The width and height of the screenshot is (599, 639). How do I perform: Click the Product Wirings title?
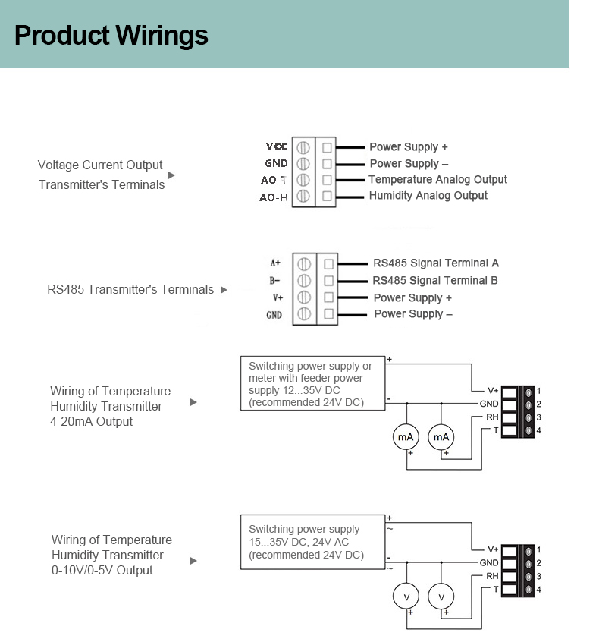pos(111,35)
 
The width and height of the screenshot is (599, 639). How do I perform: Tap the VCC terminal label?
pos(277,146)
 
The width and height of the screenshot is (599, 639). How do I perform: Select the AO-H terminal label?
pos(274,197)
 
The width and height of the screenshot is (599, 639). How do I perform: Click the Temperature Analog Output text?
pos(437,180)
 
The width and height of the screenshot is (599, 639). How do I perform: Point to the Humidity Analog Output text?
pos(428,196)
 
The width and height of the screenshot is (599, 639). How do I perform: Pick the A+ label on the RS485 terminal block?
pos(275,263)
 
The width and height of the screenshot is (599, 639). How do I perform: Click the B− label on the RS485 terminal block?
pos(274,280)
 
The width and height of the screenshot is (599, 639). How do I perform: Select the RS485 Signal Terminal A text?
pos(435,263)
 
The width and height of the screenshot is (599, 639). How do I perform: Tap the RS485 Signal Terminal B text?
pos(435,281)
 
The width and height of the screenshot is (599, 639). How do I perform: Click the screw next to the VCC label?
pos(303,147)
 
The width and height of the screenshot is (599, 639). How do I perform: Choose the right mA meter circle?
pos(441,437)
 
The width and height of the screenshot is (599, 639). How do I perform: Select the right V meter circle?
pos(441,596)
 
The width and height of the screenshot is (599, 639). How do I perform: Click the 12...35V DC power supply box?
pos(312,384)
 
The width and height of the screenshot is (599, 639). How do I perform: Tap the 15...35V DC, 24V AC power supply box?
pos(312,542)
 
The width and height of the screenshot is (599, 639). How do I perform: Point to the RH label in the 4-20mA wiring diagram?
pos(492,417)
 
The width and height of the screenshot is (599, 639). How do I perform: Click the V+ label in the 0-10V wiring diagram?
pos(493,549)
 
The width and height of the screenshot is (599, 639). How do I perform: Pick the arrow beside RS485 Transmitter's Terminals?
pos(224,289)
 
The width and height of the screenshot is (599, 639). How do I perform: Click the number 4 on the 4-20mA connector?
pos(538,431)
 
